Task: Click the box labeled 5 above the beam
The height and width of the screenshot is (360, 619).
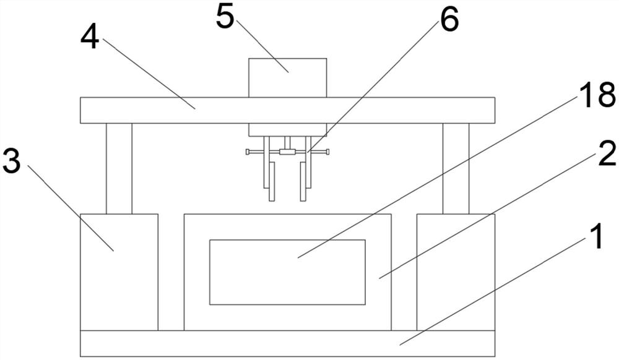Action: [x=287, y=77]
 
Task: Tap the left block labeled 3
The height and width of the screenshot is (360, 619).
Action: [x=118, y=272]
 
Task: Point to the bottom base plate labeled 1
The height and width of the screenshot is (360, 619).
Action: [x=248, y=343]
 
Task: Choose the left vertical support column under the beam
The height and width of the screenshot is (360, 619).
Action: [x=118, y=168]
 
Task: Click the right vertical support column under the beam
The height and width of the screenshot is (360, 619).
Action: [x=456, y=168]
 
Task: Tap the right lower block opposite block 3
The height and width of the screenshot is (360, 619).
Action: [x=456, y=272]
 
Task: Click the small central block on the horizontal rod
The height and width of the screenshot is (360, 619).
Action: [x=287, y=152]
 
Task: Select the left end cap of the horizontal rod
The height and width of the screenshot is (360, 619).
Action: [x=247, y=152]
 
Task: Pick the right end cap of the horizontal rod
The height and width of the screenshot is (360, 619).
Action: [x=327, y=152]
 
